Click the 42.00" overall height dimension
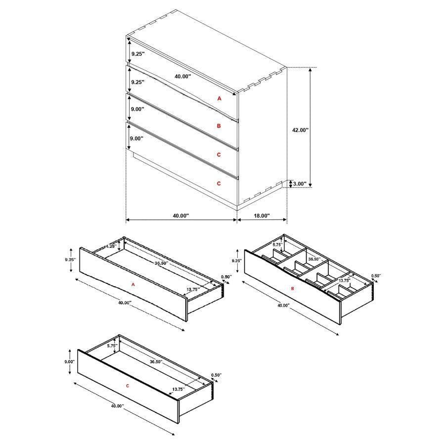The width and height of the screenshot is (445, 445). pos(300,130)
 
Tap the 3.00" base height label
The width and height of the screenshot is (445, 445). pos(299,184)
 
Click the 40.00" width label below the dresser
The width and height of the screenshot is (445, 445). pos(181,216)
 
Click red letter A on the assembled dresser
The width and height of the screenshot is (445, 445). pos(220,99)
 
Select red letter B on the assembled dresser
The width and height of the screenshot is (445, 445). pos(219,126)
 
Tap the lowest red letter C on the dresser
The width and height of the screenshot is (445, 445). pos(219,183)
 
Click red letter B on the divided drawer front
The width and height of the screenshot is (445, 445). pos(292,288)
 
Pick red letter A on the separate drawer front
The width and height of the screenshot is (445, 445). pos(133,284)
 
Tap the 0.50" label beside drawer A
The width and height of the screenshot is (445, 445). pos(226,277)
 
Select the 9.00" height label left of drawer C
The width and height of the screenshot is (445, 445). pos(69,361)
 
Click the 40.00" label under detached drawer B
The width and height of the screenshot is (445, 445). pos(283,306)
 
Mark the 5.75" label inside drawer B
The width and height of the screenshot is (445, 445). pos(277,244)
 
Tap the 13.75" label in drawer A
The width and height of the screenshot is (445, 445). pos(193,289)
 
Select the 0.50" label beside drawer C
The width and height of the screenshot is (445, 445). pos(216,375)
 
